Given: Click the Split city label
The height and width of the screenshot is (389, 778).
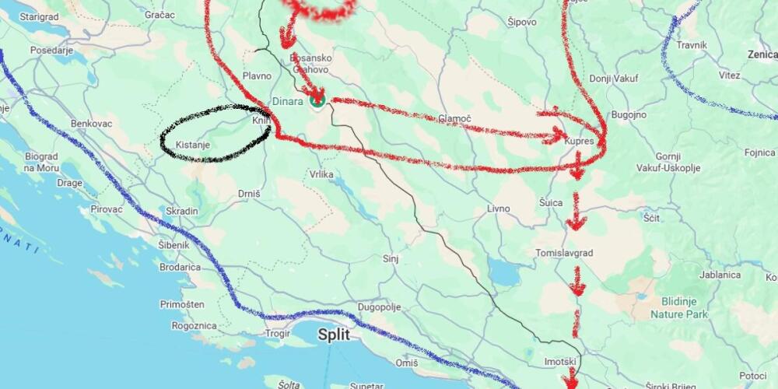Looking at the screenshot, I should [333, 335].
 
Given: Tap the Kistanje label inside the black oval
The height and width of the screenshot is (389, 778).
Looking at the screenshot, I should [193, 145].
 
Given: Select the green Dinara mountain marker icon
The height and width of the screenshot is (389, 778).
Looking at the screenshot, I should [316, 100].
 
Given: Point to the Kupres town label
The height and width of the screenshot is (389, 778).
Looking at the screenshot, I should [580, 142].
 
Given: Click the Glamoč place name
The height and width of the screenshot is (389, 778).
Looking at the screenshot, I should [454, 118].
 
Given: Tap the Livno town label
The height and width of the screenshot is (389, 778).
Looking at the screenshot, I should [498, 209].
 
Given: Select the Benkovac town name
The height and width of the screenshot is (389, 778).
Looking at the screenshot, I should [91, 124].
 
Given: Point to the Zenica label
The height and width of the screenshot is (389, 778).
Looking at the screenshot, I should [762, 54].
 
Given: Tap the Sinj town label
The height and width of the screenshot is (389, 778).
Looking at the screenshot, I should [390, 258].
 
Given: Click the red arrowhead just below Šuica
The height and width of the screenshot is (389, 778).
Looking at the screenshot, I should [576, 224].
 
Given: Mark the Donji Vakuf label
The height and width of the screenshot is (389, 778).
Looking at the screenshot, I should [615, 78].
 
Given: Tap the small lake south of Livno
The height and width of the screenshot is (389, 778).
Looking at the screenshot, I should [503, 272].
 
